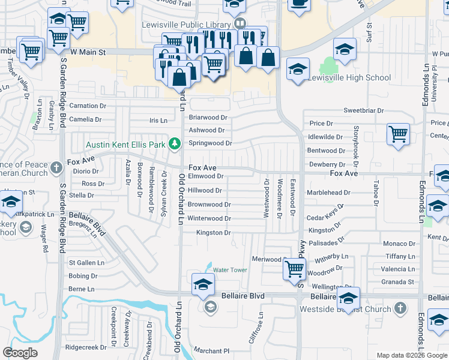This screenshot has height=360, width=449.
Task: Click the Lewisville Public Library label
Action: pyautogui.click(x=186, y=25)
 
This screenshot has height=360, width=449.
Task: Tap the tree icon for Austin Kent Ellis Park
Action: pyautogui.click(x=175, y=143)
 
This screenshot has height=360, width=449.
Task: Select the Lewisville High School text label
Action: pyautogui.click(x=349, y=77)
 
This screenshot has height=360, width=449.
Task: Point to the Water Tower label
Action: pyautogui.click(x=230, y=270)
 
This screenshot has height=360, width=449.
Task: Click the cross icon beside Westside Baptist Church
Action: pyautogui.click(x=400, y=308)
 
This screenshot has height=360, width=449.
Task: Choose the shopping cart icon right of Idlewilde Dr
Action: pyautogui.click(x=398, y=134)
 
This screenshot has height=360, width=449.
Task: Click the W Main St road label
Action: pyautogui.click(x=88, y=52)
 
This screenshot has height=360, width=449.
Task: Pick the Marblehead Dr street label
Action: pyautogui.click(x=330, y=193)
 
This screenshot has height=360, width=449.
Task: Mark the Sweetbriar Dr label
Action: pyautogui.click(x=363, y=110)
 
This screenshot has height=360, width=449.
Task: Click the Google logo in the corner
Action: pyautogui.click(x=20, y=353)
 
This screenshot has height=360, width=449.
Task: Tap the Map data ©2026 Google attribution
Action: pyautogui.click(x=411, y=355)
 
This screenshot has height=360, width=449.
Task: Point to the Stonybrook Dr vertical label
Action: pyautogui.click(x=356, y=147)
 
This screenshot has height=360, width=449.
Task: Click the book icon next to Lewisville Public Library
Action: pyautogui.click(x=240, y=24)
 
